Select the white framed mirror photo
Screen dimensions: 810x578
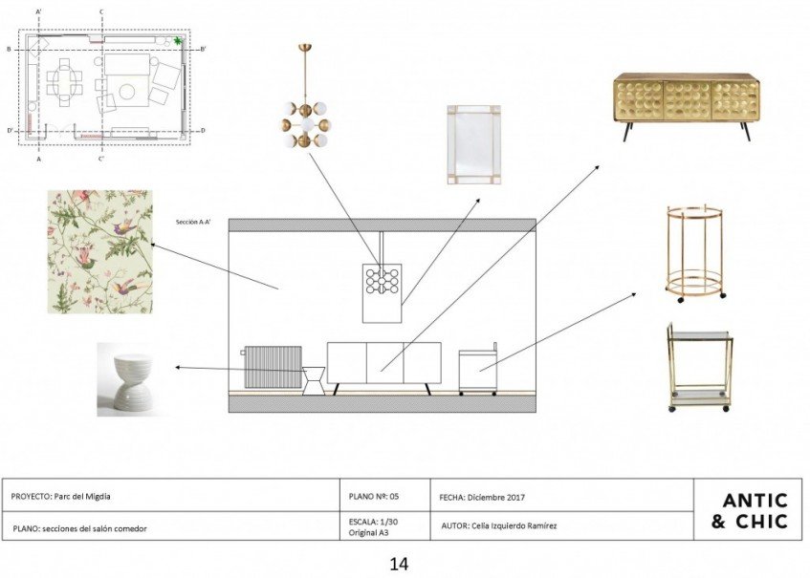(x=473, y=144)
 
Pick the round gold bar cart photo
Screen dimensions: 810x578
(x=695, y=251)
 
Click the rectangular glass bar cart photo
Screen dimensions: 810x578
(x=698, y=368)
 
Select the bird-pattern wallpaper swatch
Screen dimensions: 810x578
(x=99, y=251)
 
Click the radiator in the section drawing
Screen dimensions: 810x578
(x=273, y=366)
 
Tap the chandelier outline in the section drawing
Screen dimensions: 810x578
(x=382, y=282)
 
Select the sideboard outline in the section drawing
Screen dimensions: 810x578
(x=383, y=363)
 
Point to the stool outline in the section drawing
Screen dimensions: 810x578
(x=313, y=379)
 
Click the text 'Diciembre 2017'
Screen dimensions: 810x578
(x=497, y=497)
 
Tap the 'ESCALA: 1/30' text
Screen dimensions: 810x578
(x=373, y=522)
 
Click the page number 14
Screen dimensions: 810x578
(x=399, y=564)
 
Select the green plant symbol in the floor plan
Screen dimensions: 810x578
(x=178, y=41)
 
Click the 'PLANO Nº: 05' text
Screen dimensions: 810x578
(x=374, y=497)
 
